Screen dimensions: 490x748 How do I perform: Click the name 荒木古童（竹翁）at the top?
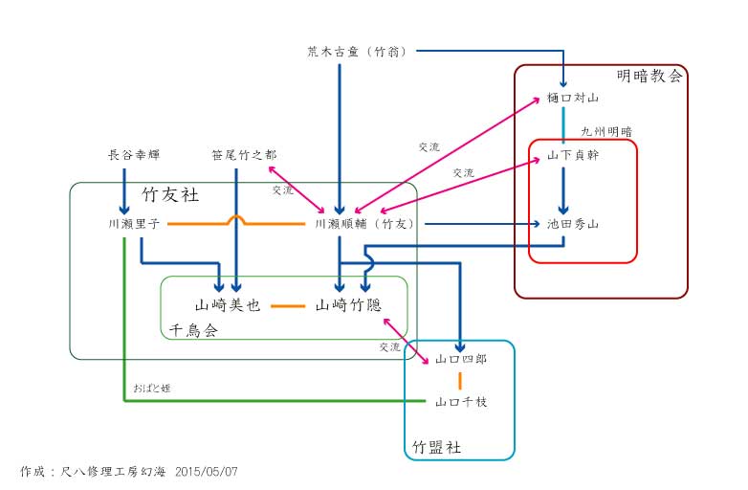(351, 52)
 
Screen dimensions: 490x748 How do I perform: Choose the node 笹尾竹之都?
(244, 154)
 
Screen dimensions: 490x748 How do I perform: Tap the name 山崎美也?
(228, 306)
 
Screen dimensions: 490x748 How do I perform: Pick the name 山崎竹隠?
(348, 306)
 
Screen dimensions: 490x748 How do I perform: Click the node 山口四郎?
(461, 360)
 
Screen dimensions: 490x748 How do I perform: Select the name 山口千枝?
(461, 402)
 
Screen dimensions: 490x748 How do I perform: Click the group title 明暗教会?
(649, 77)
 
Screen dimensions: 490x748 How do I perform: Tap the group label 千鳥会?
(193, 329)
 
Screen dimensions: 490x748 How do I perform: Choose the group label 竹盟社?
(436, 447)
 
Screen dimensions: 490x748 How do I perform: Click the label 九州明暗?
(605, 131)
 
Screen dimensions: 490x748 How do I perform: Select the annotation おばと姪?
(152, 388)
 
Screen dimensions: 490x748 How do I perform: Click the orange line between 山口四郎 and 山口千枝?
(460, 381)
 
